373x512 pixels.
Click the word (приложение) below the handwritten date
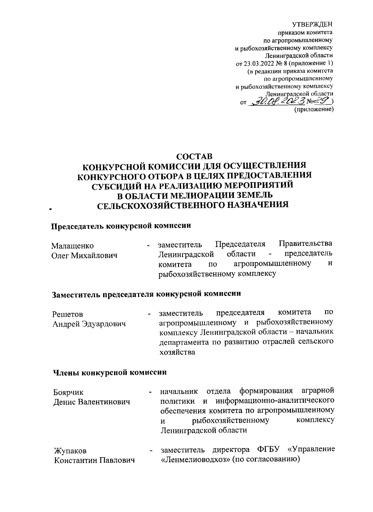[314, 109]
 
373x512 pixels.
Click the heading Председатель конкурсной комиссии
[121, 226]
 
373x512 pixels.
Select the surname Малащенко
[72, 246]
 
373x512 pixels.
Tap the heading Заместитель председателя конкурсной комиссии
[146, 294]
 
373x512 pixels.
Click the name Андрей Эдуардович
[89, 324]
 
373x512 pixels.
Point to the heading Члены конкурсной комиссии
[109, 372]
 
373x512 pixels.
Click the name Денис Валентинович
[91, 402]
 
